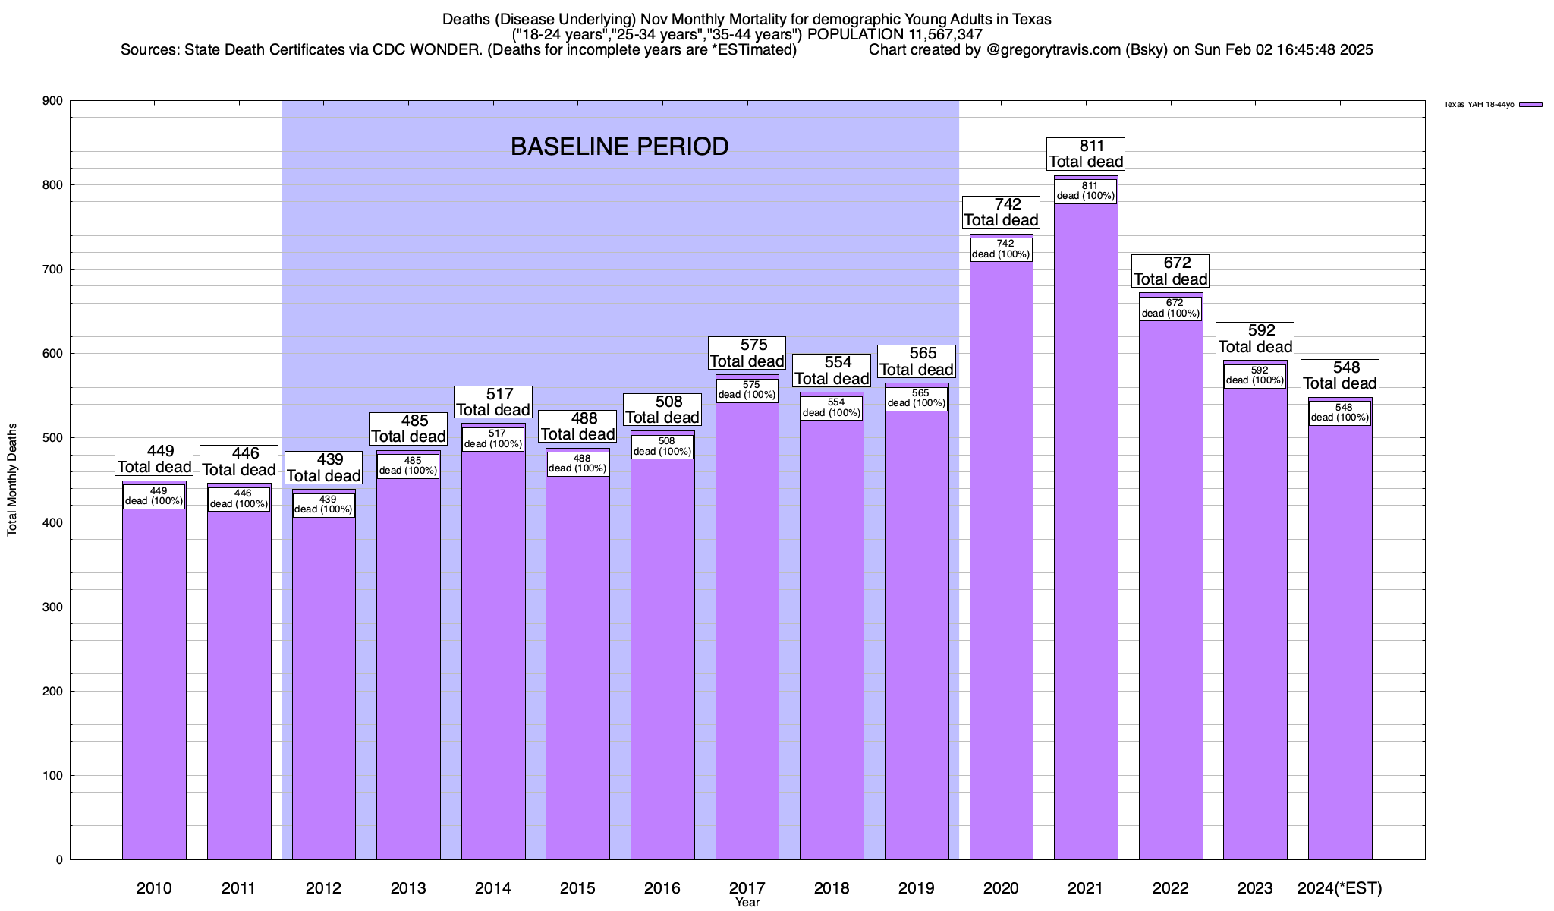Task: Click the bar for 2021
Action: click(x=1086, y=531)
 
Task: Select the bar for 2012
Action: click(x=324, y=683)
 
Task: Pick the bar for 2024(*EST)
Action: click(x=1340, y=645)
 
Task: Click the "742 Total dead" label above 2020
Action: click(x=1001, y=213)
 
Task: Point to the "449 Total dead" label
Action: click(x=154, y=459)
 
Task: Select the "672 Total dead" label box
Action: click(x=1170, y=271)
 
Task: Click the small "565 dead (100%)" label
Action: click(x=917, y=399)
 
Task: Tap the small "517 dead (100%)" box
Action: click(x=493, y=440)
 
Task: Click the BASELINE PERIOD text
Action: click(x=619, y=147)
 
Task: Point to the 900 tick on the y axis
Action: click(x=53, y=101)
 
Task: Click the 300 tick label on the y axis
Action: click(x=53, y=607)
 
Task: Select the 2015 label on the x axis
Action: click(x=577, y=888)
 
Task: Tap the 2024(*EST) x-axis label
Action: click(x=1340, y=888)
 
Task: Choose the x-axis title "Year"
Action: click(x=747, y=903)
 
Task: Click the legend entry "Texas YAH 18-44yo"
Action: click(x=1479, y=105)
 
